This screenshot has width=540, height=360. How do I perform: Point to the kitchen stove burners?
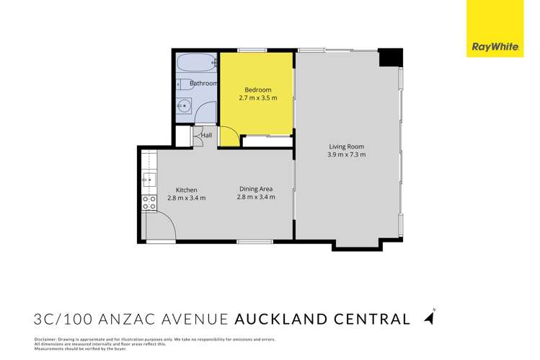pyautogui.click(x=149, y=202)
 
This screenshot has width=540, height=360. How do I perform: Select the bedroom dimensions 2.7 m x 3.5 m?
pyautogui.click(x=257, y=97)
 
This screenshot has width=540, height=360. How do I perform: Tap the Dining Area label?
pyautogui.click(x=256, y=189)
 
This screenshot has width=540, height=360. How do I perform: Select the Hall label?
pyautogui.click(x=206, y=136)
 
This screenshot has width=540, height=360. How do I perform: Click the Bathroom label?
pyautogui.click(x=203, y=84)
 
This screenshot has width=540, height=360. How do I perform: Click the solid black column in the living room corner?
pyautogui.click(x=390, y=56)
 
